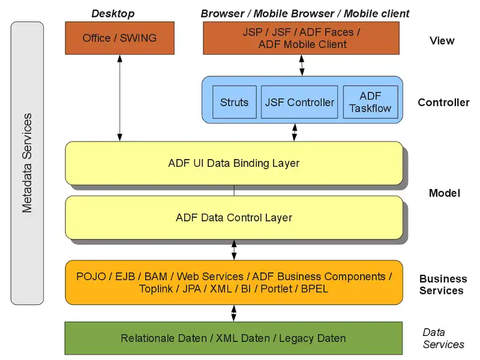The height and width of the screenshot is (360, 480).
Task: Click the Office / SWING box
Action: pyautogui.click(x=119, y=38)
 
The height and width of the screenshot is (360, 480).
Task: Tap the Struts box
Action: pyautogui.click(x=234, y=102)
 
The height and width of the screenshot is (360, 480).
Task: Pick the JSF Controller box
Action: pyautogui.click(x=299, y=102)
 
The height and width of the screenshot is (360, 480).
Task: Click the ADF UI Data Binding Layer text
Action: pyautogui.click(x=234, y=163)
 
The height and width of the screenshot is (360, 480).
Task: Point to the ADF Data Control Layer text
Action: pyautogui.click(x=234, y=217)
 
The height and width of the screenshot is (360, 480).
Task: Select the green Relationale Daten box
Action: pyautogui.click(x=233, y=338)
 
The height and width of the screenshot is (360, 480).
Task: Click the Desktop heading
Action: pyautogui.click(x=113, y=13)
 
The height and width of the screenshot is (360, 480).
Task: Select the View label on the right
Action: pyautogui.click(x=442, y=41)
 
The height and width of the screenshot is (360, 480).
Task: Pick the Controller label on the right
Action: pyautogui.click(x=443, y=103)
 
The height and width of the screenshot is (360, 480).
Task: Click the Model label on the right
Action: pyautogui.click(x=445, y=193)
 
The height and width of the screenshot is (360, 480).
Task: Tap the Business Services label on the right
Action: pyautogui.click(x=443, y=284)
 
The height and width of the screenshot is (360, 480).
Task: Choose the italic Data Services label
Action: pyautogui.click(x=443, y=338)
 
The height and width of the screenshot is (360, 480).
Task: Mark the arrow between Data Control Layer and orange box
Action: pyautogui.click(x=234, y=250)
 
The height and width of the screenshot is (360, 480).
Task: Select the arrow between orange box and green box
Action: pyautogui.click(x=234, y=313)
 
